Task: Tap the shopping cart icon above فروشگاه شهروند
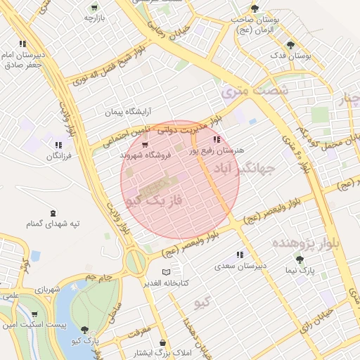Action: point(145,146)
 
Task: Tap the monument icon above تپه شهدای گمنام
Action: point(53,213)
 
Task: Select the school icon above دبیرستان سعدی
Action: point(240,255)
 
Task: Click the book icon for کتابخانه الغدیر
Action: point(166,272)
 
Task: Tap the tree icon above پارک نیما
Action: point(300,259)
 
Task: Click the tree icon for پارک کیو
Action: point(85,329)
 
